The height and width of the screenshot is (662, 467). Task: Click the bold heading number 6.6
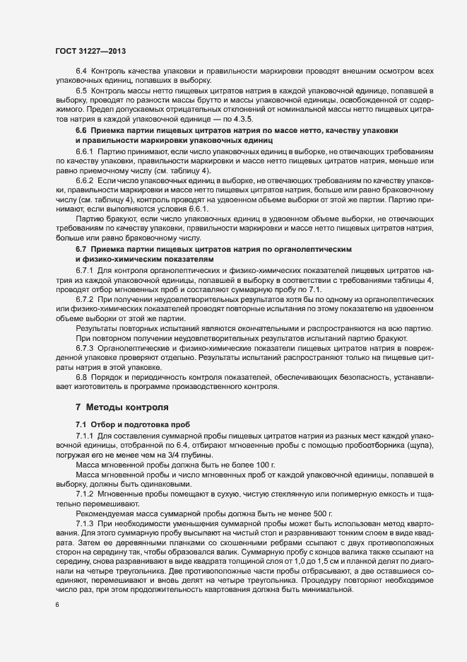(x=81, y=131)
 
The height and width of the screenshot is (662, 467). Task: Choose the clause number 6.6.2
(x=85, y=181)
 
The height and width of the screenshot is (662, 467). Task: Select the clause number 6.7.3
(x=85, y=349)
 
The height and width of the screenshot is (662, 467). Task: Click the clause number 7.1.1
(x=85, y=434)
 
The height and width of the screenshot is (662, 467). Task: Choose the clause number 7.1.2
(x=85, y=492)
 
